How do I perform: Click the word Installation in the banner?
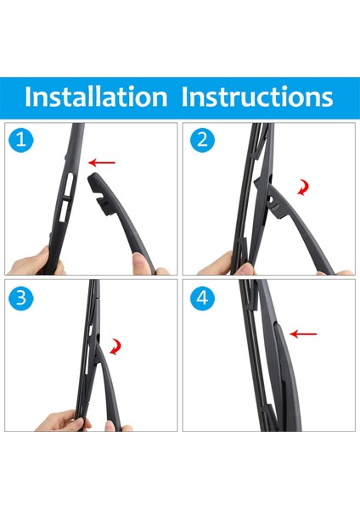point(96,97)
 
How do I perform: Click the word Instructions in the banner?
point(257,97)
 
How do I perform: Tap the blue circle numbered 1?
point(21,140)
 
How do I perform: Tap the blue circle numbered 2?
point(202,140)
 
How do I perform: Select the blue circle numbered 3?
point(21,298)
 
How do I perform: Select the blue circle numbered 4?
point(202,298)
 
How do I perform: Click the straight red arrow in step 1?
point(102,162)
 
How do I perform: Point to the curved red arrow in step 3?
point(115,347)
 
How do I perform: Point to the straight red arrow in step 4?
point(303,333)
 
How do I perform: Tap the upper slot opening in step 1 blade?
point(70,183)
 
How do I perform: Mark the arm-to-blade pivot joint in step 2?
point(270,199)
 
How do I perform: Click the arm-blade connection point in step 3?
point(97,347)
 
